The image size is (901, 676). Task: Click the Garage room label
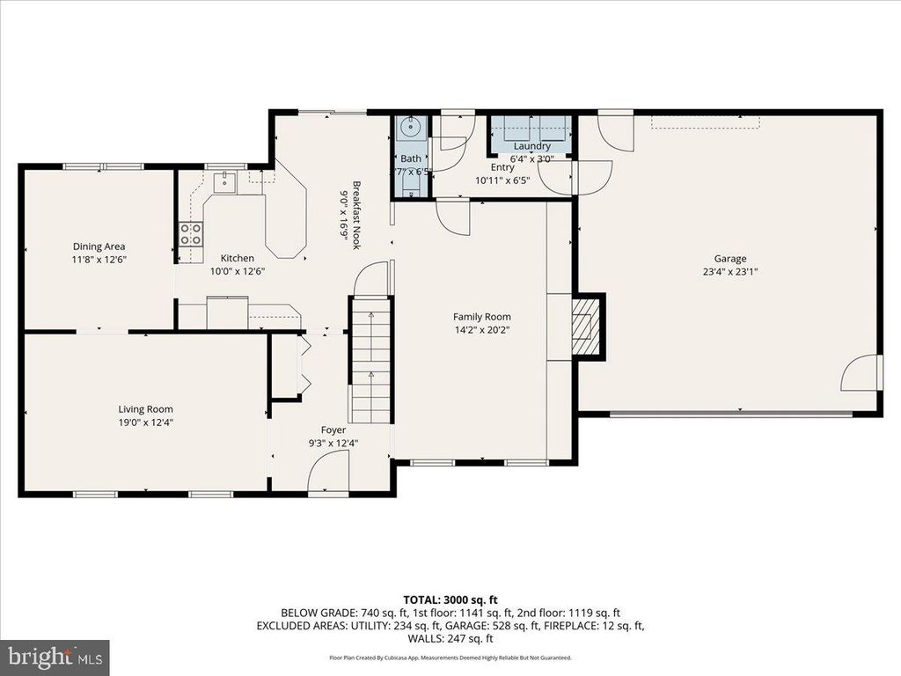(729, 259)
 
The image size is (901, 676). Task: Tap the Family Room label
(481, 317)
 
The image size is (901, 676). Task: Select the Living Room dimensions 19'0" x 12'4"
(146, 422)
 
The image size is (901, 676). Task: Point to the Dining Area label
(98, 247)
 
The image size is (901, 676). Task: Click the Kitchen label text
(237, 258)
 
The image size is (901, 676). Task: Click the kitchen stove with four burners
(191, 233)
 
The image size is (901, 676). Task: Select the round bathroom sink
(410, 128)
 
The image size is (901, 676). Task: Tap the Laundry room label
(532, 146)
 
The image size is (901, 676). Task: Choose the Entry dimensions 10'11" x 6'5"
(502, 180)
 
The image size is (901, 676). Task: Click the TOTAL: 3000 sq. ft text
(450, 598)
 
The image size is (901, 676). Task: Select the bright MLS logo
(55, 657)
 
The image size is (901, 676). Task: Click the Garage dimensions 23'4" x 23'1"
(729, 272)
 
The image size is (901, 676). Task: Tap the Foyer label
(333, 430)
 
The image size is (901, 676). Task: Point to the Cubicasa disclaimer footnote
(450, 658)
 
